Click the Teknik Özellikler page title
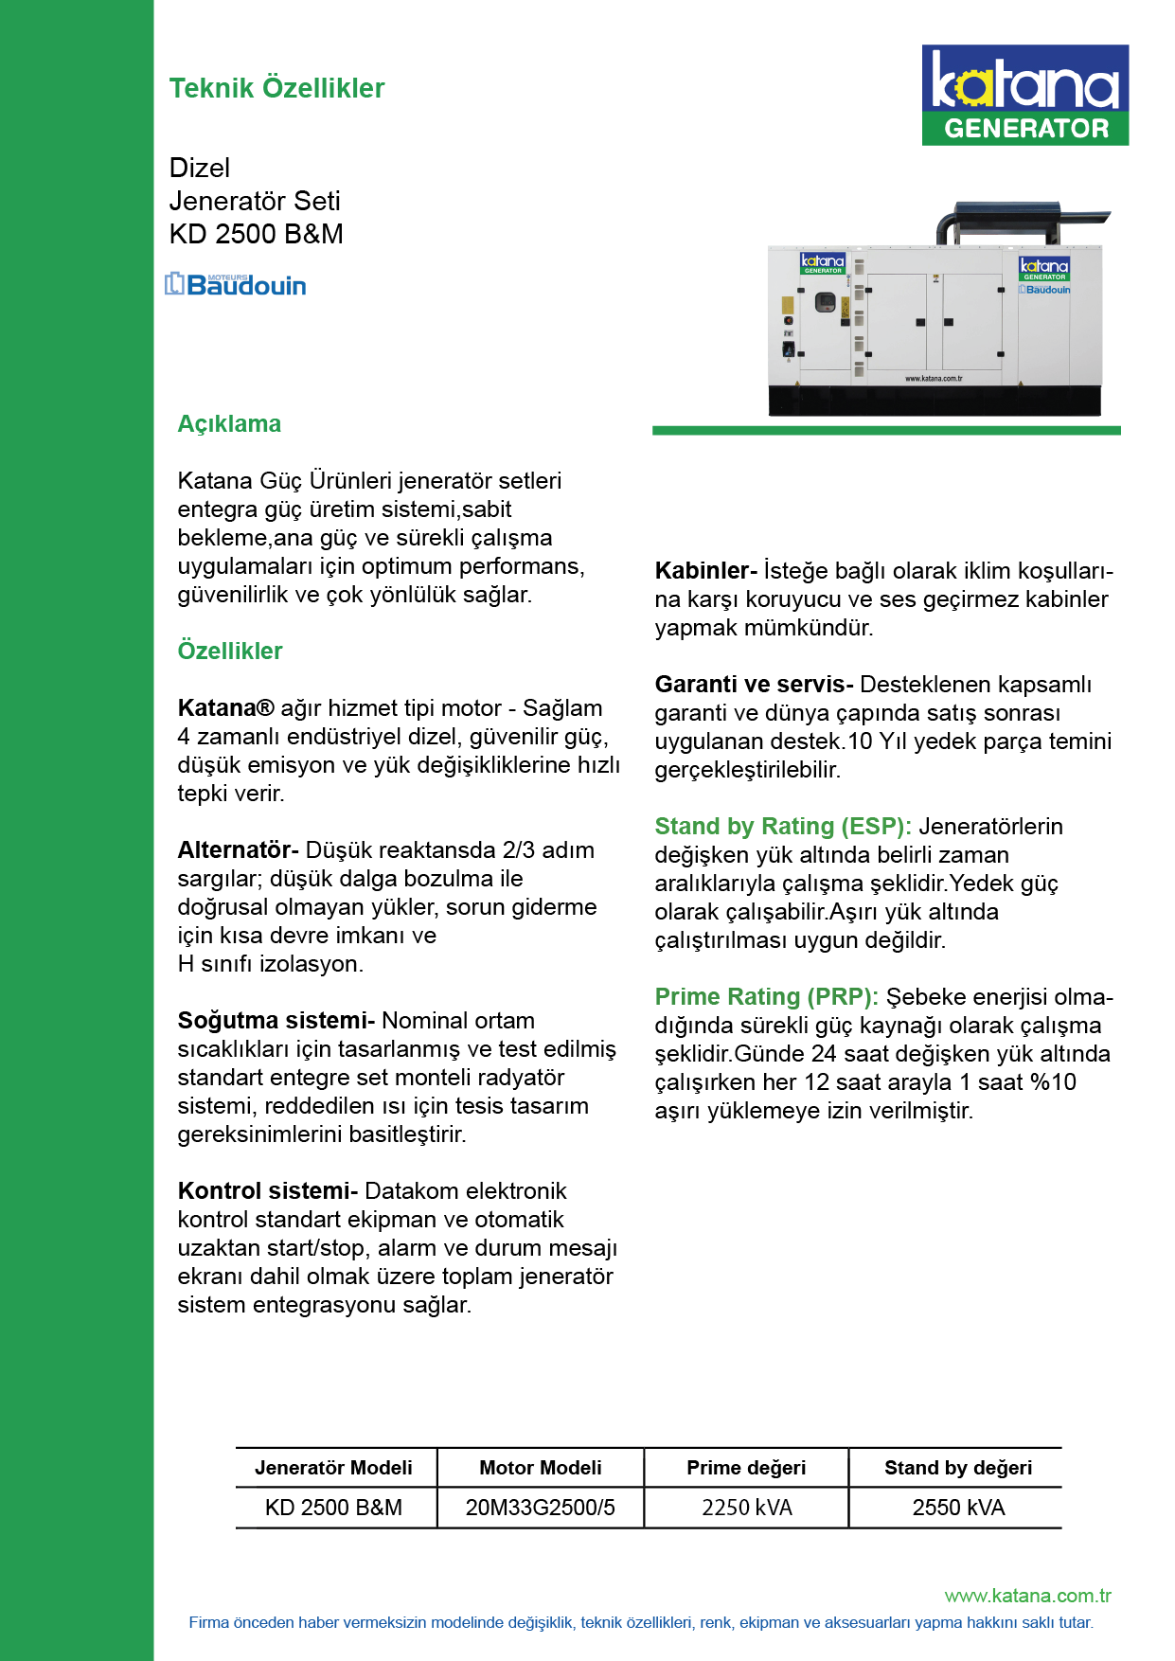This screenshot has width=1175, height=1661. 276,88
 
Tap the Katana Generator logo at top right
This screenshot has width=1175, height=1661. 1024,95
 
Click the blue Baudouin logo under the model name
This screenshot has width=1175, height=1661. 236,284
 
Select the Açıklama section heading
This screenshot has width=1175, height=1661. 229,423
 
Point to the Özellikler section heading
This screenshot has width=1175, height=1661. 230,651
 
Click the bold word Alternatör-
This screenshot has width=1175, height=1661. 238,849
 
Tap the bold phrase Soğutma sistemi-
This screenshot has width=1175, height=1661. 276,1020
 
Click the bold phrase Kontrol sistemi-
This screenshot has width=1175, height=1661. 267,1190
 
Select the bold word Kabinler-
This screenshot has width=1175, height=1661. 705,570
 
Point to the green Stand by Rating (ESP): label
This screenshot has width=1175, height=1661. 783,826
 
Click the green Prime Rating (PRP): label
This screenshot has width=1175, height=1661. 766,996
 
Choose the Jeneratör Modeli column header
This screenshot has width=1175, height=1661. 333,1467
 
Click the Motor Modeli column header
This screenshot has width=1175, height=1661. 540,1467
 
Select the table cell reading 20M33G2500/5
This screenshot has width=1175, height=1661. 540,1507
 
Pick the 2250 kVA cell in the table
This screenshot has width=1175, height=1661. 746,1507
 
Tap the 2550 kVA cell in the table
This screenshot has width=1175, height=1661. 958,1507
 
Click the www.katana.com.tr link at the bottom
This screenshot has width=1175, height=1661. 1027,1596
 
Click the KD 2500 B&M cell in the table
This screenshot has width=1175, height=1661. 333,1507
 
